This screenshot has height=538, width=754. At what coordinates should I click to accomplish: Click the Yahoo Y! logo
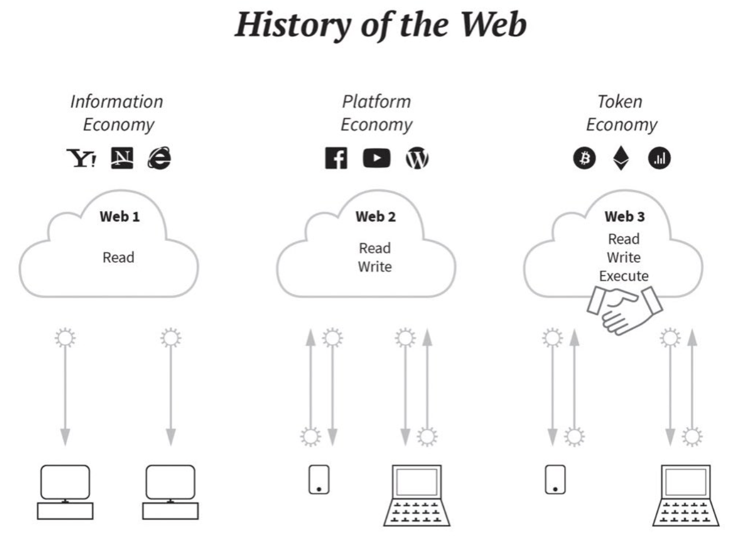(x=81, y=158)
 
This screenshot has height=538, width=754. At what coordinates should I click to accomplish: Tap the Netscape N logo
(x=122, y=158)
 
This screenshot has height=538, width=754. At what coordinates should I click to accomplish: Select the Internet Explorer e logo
(x=159, y=158)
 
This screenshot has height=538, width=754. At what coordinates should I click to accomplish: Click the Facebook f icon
(x=336, y=158)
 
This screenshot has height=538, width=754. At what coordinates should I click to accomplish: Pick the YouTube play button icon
(x=376, y=158)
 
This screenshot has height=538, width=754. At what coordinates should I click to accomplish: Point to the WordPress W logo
(x=417, y=158)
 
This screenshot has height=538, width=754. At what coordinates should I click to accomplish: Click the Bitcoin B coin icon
(x=584, y=158)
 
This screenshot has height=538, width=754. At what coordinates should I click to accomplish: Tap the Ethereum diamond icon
(x=621, y=158)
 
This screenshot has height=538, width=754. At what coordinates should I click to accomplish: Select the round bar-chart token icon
(x=659, y=158)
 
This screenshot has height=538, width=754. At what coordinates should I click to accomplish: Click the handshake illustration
(x=625, y=310)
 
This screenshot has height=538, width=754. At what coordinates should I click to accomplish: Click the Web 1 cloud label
(x=119, y=216)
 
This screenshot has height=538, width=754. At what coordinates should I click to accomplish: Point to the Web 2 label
(x=376, y=216)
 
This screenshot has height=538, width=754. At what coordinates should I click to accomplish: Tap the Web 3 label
(x=625, y=216)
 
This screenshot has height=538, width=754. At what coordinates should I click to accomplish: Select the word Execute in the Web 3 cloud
(x=624, y=276)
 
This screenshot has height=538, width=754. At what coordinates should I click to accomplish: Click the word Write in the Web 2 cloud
(x=375, y=267)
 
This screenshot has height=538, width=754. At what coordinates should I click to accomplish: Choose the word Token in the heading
(x=619, y=101)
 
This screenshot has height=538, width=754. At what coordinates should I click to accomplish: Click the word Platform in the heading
(x=376, y=101)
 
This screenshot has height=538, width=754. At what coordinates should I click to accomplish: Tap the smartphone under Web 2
(x=319, y=479)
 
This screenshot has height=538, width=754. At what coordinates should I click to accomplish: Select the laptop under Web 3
(x=686, y=495)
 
